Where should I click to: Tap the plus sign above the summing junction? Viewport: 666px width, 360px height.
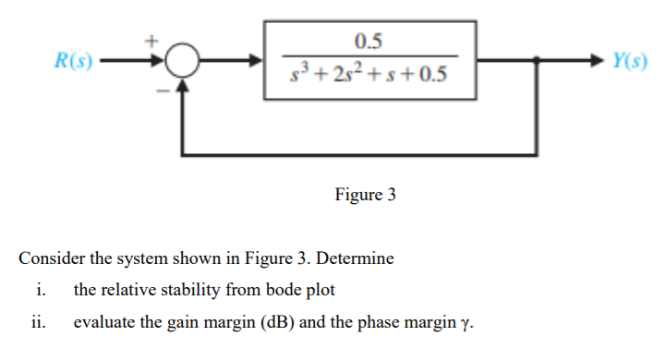click(x=155, y=41)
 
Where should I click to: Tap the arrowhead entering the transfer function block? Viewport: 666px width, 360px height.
click(x=259, y=63)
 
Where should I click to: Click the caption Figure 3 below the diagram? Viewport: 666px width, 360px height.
click(x=364, y=195)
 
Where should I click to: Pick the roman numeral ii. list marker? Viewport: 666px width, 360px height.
click(x=40, y=322)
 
